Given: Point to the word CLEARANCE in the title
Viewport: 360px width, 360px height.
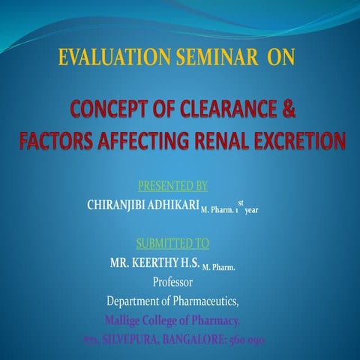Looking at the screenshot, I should [218, 113].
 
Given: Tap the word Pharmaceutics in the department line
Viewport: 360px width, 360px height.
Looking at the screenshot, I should [210, 302].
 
